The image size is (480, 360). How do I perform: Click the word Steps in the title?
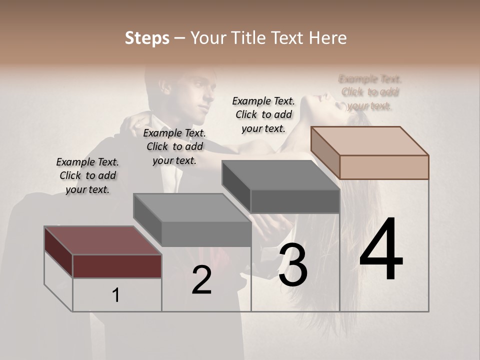point(147,38)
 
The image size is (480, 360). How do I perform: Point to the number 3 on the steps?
point(293,266)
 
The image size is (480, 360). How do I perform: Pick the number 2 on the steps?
point(201,280)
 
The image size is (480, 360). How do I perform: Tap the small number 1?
point(116,295)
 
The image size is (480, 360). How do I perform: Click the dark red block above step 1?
point(117,265)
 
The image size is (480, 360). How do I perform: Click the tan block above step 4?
point(383,166)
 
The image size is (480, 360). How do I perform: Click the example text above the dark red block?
point(87,175)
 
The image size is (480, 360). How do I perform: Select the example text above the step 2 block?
point(174,146)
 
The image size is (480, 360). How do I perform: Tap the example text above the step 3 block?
point(263,114)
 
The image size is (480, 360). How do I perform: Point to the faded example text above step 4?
point(370,92)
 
